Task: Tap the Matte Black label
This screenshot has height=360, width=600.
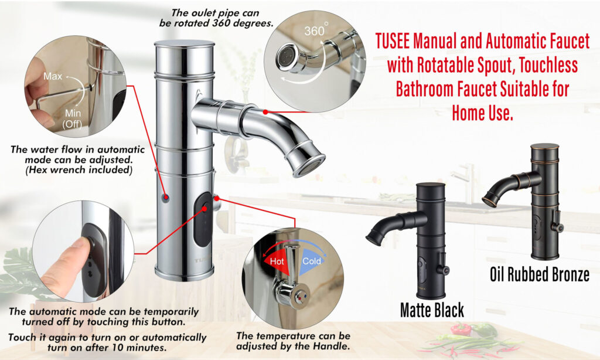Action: click(432, 310)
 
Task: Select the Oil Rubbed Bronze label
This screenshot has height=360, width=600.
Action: click(540, 274)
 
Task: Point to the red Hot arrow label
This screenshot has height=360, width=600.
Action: click(277, 261)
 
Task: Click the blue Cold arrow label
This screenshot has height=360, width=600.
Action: click(312, 261)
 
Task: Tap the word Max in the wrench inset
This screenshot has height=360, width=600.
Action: click(53, 76)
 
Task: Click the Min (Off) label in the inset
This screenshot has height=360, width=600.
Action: click(73, 118)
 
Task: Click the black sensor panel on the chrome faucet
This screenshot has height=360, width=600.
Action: click(203, 219)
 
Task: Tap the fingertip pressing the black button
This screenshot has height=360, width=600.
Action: click(82, 245)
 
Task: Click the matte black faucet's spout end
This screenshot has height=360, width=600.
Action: click(374, 237)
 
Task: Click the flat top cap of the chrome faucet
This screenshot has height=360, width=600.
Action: click(184, 43)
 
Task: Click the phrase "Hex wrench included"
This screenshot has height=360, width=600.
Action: click(79, 169)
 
